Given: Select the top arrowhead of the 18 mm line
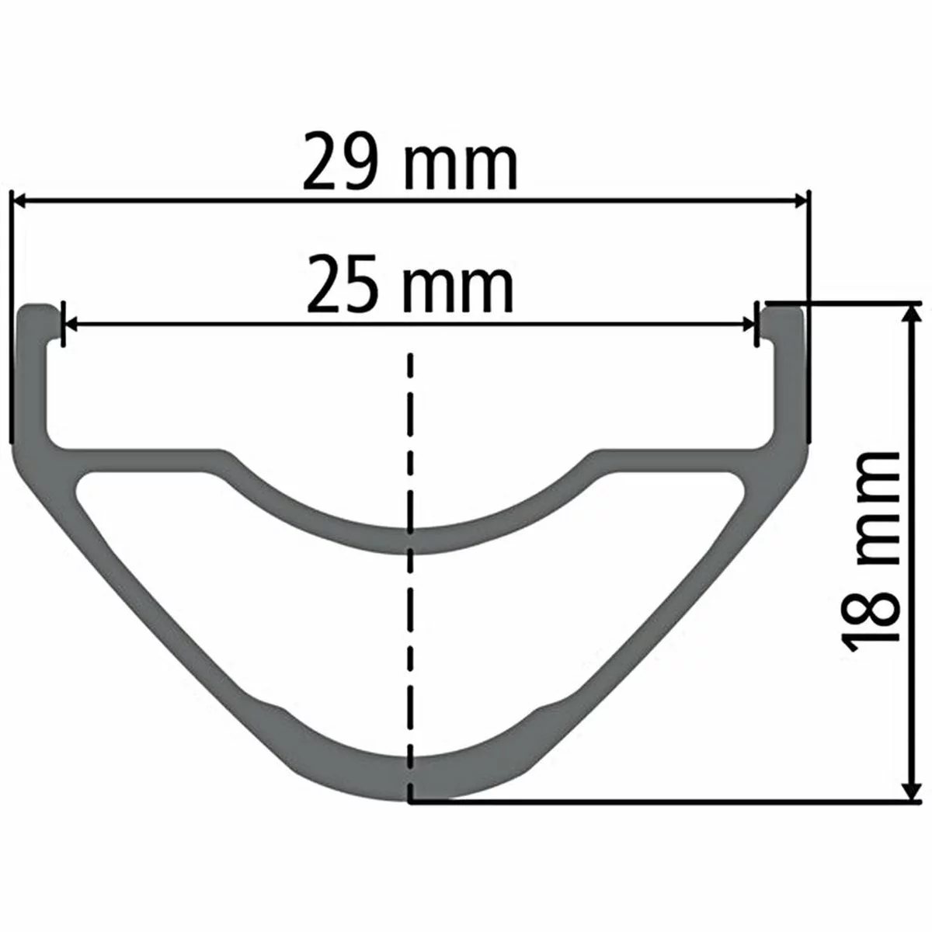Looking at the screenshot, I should pos(909,312).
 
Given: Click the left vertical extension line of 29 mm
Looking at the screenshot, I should pos(12,311).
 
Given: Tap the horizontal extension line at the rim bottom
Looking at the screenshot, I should pos(660,801).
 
